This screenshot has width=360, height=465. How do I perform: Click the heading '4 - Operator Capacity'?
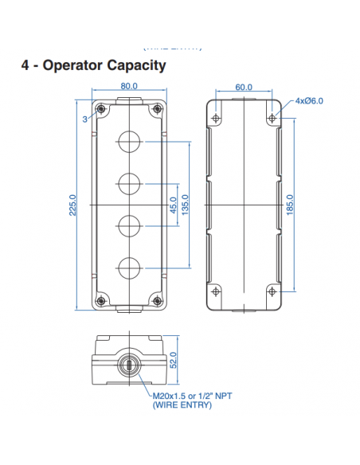(94, 65)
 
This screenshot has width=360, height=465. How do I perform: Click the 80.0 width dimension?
(129, 86)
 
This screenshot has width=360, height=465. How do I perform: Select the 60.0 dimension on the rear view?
(244, 87)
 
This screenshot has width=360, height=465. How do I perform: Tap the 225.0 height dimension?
(72, 205)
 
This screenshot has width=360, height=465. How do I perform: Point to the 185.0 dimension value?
(290, 205)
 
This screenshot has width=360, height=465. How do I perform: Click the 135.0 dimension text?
(186, 205)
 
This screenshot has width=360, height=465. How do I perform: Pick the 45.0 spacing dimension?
(174, 205)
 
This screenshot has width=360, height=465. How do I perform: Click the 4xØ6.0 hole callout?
(310, 101)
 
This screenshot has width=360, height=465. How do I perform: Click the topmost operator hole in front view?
(129, 143)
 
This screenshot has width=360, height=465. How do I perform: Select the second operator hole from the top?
(129, 184)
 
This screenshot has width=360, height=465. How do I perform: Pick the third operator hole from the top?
(129, 225)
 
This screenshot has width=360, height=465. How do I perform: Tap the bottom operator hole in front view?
(129, 266)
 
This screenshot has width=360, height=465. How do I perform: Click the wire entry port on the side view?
(128, 365)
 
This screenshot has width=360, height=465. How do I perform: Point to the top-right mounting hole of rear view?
(272, 118)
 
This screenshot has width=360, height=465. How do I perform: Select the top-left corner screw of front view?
(100, 109)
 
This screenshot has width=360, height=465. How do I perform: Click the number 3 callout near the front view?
(84, 119)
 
